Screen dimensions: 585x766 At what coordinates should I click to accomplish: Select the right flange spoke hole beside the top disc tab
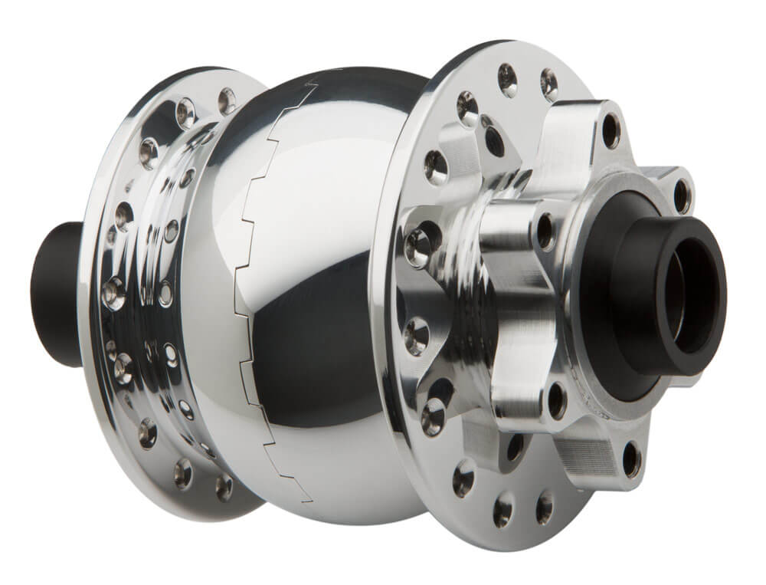548,84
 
